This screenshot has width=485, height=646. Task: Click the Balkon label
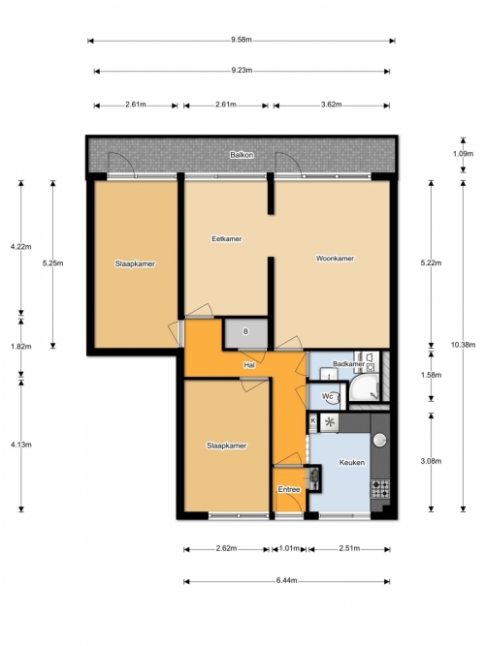pos(242,155)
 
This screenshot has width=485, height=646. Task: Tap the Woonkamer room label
pos(335,259)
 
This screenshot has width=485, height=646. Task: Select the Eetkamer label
pos(227,238)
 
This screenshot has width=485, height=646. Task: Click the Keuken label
pos(352,462)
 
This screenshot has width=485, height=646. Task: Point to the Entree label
pos(289,489)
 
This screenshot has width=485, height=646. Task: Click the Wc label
pos(327,396)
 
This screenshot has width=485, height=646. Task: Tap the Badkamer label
pos(348,364)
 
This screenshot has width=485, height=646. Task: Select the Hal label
pos(249,365)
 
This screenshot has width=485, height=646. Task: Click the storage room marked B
pos(245,332)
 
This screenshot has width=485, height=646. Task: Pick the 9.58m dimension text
pos(242,40)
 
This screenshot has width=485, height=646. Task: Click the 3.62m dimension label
pos(332,105)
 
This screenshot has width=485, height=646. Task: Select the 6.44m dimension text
pos(286,580)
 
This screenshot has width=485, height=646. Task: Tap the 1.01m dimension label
pos(289,548)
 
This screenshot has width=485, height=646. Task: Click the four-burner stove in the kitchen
pos(379,489)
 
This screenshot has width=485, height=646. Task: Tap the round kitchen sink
pos(379,440)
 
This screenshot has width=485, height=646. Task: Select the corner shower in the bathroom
pos(364,387)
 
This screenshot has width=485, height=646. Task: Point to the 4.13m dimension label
pos(21,445)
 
